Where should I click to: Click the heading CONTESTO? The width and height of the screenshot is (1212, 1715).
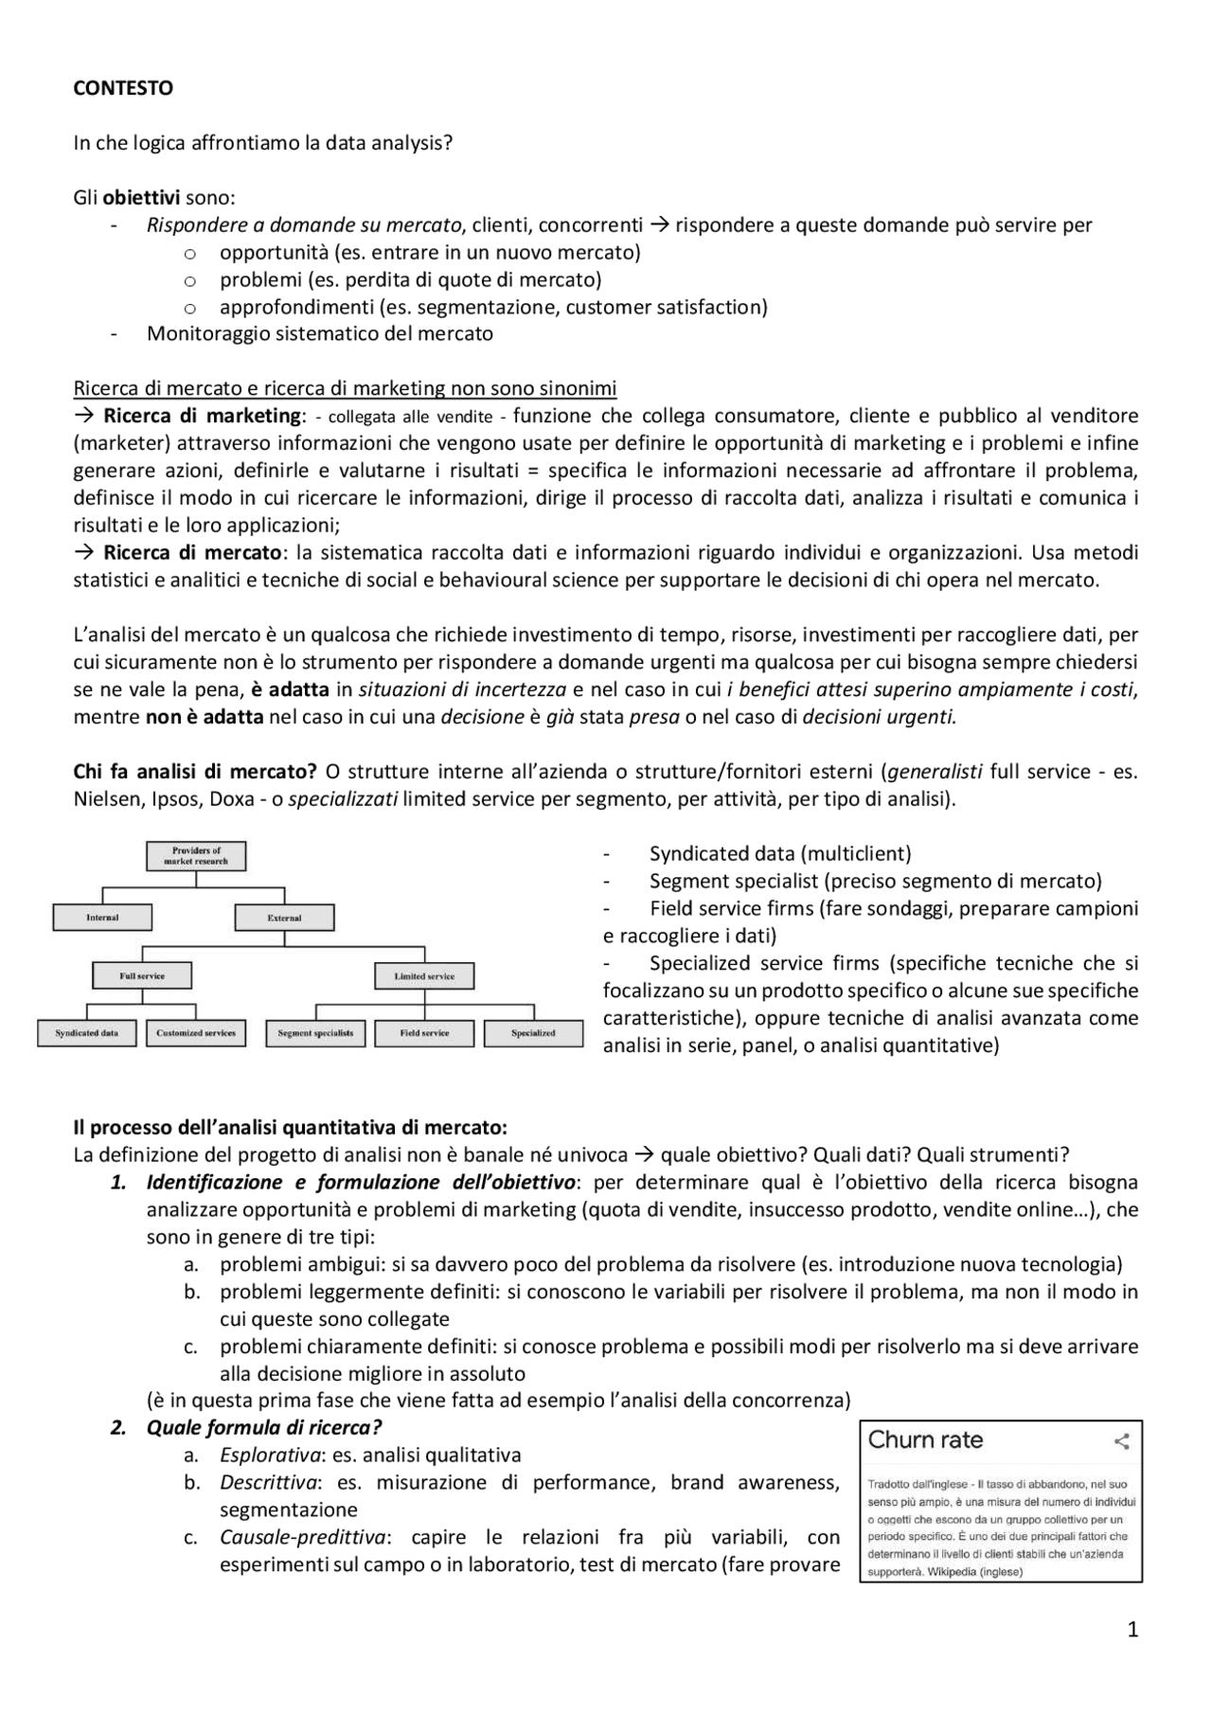pyautogui.click(x=123, y=88)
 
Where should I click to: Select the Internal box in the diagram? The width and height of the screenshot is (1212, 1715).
pyautogui.click(x=102, y=917)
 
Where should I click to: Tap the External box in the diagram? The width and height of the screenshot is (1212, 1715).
pyautogui.click(x=284, y=917)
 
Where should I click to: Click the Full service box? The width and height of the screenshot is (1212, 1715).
pyautogui.click(x=142, y=975)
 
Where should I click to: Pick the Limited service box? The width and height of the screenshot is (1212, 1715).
pyautogui.click(x=424, y=975)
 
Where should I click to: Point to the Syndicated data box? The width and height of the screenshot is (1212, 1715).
pyautogui.click(x=87, y=1033)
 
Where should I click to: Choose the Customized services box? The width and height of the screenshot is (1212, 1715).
pyautogui.click(x=196, y=1033)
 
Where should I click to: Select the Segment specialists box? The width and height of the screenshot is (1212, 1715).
pyautogui.click(x=315, y=1033)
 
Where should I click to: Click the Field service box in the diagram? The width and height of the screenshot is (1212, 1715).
pyautogui.click(x=424, y=1033)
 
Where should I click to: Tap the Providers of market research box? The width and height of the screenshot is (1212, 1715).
pyautogui.click(x=196, y=856)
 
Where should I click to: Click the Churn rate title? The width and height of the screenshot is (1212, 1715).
pyautogui.click(x=925, y=1440)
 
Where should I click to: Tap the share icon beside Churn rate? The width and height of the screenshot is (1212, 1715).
pyautogui.click(x=1122, y=1441)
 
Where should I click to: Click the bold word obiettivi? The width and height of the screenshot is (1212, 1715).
pyautogui.click(x=141, y=198)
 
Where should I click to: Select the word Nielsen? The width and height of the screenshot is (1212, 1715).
pyautogui.click(x=108, y=798)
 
